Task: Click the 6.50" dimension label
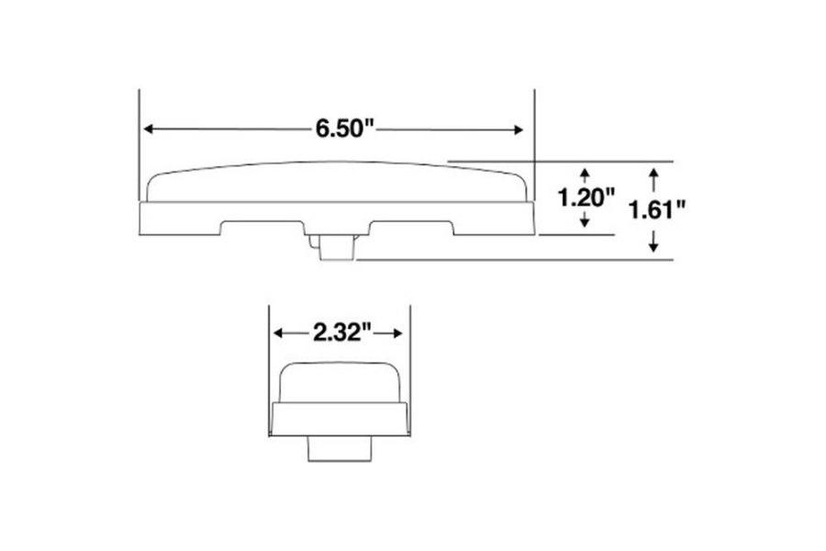tap(347, 129)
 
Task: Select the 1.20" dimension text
tap(586, 197)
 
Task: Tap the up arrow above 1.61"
tap(653, 173)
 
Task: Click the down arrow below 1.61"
tap(653, 246)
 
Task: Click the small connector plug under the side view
tap(336, 247)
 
